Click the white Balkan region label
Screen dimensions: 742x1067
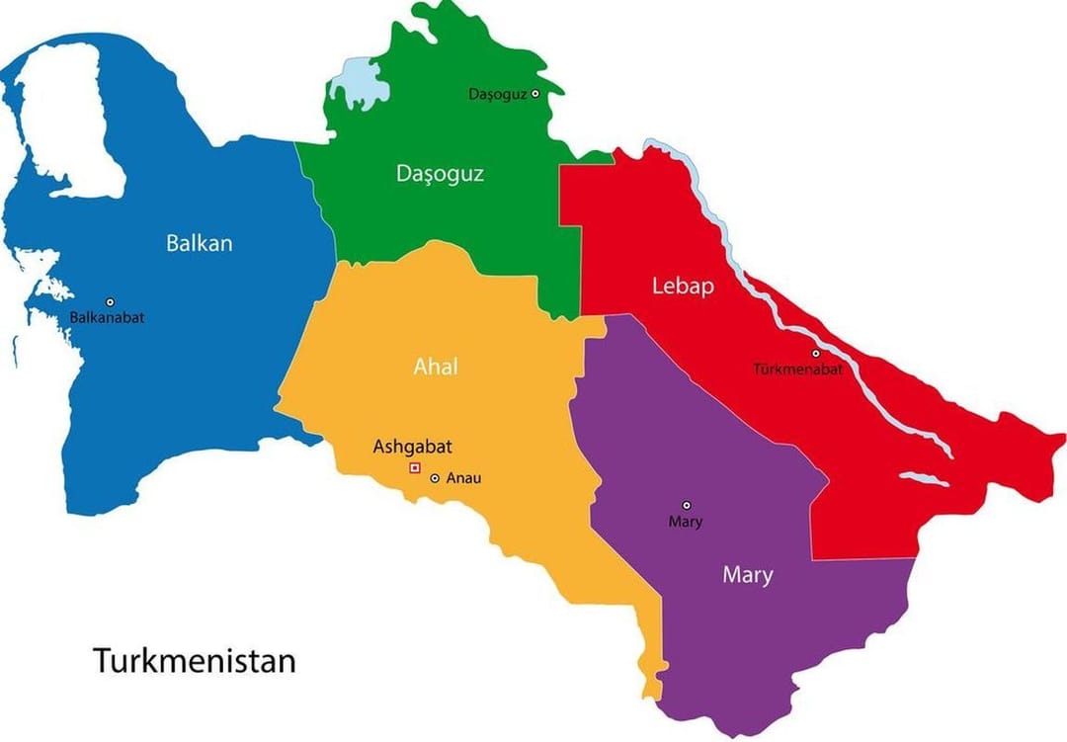tap(200, 243)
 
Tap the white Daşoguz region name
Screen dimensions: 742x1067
tap(440, 174)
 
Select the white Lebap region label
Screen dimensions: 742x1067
tap(682, 287)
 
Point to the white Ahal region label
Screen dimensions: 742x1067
tap(436, 367)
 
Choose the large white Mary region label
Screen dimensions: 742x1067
tap(747, 575)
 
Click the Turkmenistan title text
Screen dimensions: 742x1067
tap(195, 660)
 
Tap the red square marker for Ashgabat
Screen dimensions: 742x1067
tap(415, 467)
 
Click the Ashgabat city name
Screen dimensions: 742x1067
tap(412, 447)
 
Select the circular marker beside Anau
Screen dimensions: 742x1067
tap(435, 478)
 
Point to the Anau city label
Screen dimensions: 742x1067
tap(463, 478)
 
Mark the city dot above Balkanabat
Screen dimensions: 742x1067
tap(111, 301)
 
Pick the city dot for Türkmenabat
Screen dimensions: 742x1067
tap(816, 353)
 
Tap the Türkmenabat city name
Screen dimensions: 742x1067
tap(797, 370)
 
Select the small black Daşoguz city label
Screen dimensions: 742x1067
tap(497, 94)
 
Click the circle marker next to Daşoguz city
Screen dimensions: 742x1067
tap(535, 94)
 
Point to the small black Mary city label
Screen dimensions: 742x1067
tap(685, 522)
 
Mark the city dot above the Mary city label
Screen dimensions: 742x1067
tap(688, 505)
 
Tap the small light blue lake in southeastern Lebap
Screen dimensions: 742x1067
tap(924, 481)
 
